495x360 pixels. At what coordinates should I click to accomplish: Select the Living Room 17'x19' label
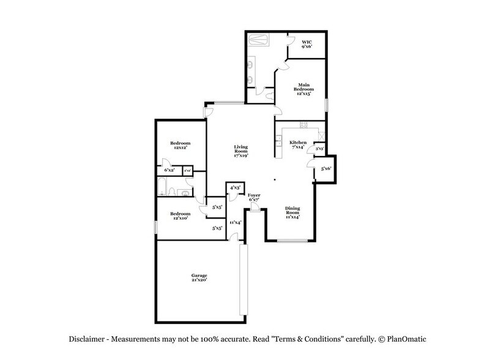pos(240,151)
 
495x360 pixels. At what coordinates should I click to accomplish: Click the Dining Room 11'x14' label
pos(292,212)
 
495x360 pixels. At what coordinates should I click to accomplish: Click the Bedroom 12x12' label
pos(179,145)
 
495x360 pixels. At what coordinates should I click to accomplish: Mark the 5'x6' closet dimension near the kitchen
pos(326,168)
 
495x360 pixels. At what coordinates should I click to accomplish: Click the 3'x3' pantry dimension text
pos(319,148)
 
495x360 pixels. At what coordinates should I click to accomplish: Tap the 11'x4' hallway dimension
pos(235,222)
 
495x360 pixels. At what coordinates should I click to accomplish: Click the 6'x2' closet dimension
pos(168,170)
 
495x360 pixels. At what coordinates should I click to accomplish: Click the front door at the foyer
pos(255,209)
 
